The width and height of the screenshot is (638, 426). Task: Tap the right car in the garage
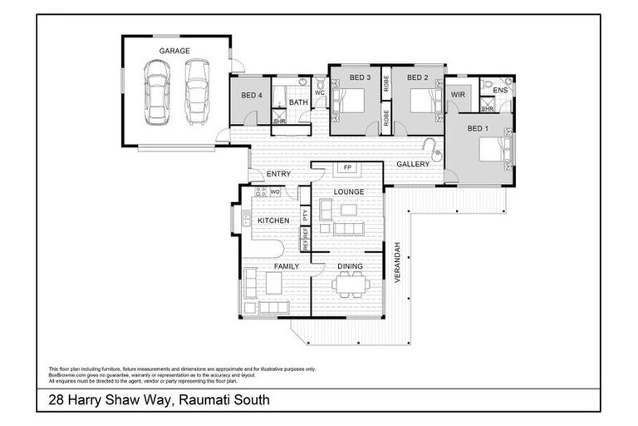pyautogui.click(x=195, y=92)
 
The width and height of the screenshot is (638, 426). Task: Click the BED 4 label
pyautogui.click(x=252, y=96)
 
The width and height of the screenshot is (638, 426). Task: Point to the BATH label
pyautogui.click(x=299, y=102)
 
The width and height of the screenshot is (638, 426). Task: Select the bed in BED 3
pyautogui.click(x=351, y=102)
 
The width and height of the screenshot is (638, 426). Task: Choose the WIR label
pyautogui.click(x=457, y=96)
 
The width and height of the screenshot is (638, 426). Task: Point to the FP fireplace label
pyautogui.click(x=347, y=168)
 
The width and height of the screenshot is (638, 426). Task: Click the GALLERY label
pyautogui.click(x=412, y=164)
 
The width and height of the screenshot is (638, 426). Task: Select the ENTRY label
pyautogui.click(x=277, y=174)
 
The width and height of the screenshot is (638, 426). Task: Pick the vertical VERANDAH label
pyautogui.click(x=398, y=262)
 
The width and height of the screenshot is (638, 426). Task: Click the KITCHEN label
pyautogui.click(x=272, y=220)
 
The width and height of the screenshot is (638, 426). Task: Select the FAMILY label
pyautogui.click(x=275, y=267)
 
